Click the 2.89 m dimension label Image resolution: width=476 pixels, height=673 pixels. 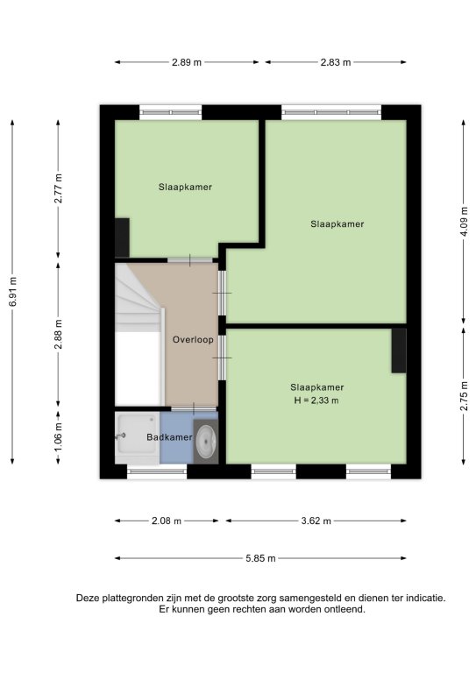click(187, 62)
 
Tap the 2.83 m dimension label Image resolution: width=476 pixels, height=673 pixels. click(336, 62)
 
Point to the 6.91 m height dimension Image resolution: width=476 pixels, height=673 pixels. click(13, 292)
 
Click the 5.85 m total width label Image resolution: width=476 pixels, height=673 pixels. click(260, 558)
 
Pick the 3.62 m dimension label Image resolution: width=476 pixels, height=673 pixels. click(316, 521)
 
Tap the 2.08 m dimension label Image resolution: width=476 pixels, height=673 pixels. click(167, 521)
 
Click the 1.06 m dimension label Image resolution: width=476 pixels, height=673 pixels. click(59, 437)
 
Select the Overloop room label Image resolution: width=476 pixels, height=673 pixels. click(193, 339)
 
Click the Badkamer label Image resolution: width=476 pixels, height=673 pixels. click(169, 437)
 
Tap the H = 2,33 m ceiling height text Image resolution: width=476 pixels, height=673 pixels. click(316, 400)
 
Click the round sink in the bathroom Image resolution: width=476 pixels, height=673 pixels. click(207, 442)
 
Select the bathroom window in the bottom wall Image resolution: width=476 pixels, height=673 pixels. click(157, 471)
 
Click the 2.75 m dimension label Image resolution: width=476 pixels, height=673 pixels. click(464, 396)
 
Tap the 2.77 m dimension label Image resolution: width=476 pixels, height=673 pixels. click(59, 188)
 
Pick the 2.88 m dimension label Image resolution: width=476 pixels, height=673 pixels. click(59, 335)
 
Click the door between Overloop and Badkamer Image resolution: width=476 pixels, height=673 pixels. click(194, 409)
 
